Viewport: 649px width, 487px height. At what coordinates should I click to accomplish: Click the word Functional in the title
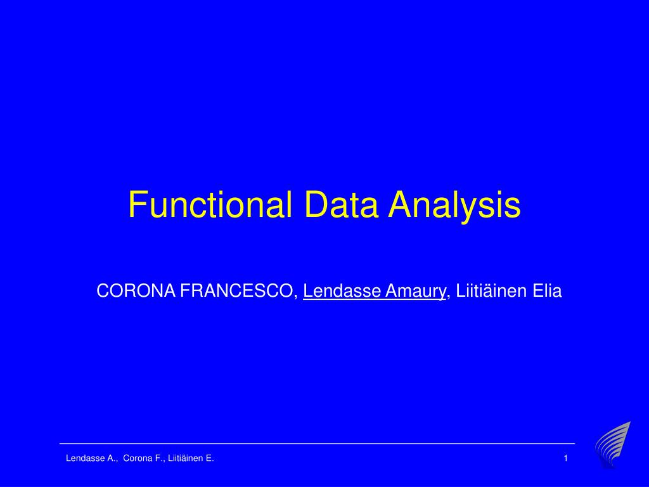coord(210,205)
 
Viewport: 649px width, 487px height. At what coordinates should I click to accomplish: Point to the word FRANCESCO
coord(239,292)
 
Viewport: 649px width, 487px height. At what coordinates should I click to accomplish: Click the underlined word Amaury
coord(415,292)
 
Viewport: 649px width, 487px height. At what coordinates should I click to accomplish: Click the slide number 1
coord(565,458)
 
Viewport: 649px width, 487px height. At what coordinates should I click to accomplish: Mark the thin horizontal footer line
coord(317,443)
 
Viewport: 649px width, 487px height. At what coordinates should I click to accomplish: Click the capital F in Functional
coord(136,205)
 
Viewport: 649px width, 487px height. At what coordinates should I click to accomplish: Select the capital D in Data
coord(314,205)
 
